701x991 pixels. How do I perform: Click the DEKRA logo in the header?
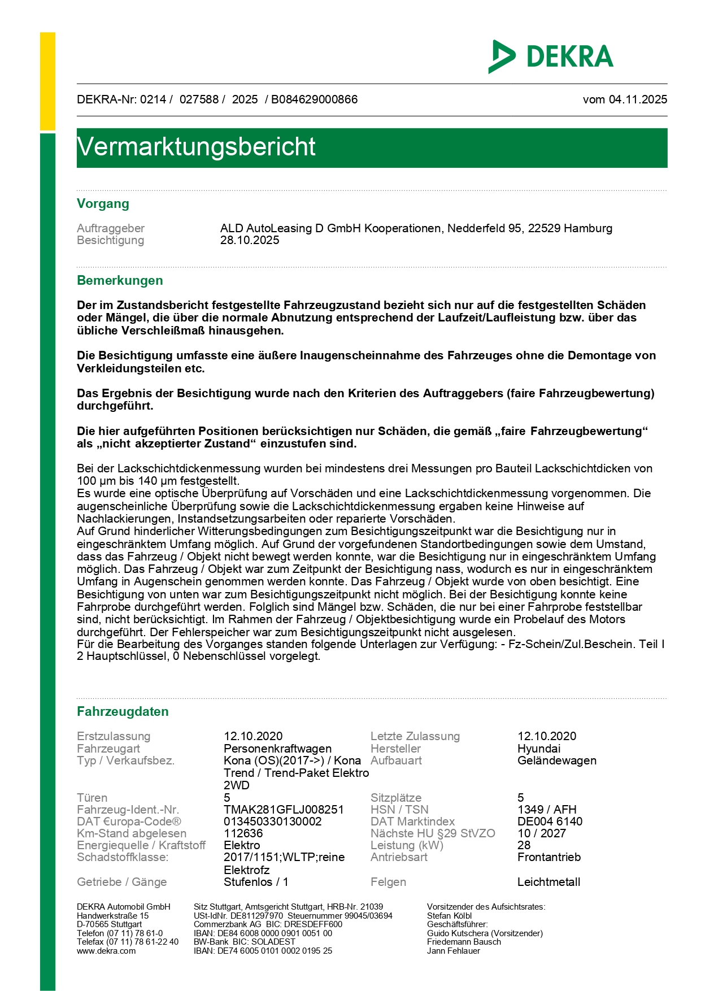[x=551, y=56]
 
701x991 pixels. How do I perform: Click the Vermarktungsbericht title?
[x=196, y=147]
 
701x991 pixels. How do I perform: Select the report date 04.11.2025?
[x=638, y=99]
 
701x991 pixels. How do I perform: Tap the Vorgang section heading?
[x=103, y=204]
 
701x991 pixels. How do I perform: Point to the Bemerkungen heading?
[x=120, y=281]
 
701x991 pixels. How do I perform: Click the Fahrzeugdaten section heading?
[x=123, y=712]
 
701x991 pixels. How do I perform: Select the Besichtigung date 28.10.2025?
[x=250, y=240]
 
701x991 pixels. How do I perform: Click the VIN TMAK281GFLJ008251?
[x=284, y=810]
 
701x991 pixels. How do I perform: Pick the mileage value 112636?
[x=243, y=833]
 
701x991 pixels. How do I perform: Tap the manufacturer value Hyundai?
[x=539, y=749]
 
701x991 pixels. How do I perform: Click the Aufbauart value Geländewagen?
[x=556, y=760]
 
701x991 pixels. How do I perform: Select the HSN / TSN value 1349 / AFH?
[x=547, y=810]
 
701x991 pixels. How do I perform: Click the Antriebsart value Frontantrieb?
[x=548, y=857]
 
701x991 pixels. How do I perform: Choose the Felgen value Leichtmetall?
[x=548, y=882]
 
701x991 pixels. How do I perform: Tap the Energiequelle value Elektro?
[x=242, y=845]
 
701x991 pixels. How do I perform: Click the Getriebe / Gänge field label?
[x=121, y=882]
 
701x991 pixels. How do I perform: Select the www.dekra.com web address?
[x=106, y=951]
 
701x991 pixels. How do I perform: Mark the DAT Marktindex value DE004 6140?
[x=550, y=822]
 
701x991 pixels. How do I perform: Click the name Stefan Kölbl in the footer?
[x=449, y=916]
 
